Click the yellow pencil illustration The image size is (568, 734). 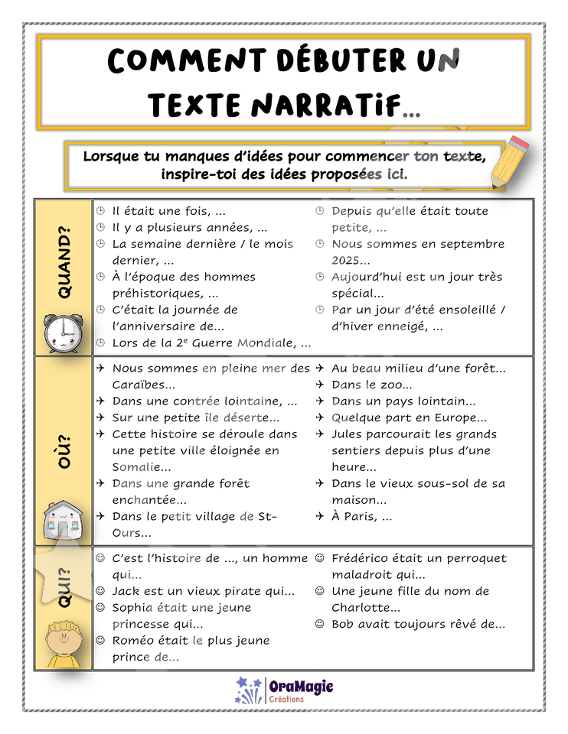(x=510, y=162)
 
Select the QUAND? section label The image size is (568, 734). (x=64, y=262)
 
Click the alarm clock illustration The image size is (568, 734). (x=64, y=333)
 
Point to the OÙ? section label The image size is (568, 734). (x=64, y=452)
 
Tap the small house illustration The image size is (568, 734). (x=63, y=520)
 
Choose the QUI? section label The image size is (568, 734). (x=64, y=587)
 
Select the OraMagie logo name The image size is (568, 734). (x=301, y=687)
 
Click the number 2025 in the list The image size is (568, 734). (x=345, y=260)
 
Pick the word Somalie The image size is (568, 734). (x=135, y=466)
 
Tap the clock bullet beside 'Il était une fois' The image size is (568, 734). (x=100, y=211)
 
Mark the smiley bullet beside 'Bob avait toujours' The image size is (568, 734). (x=320, y=624)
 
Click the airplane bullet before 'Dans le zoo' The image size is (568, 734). (x=320, y=385)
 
